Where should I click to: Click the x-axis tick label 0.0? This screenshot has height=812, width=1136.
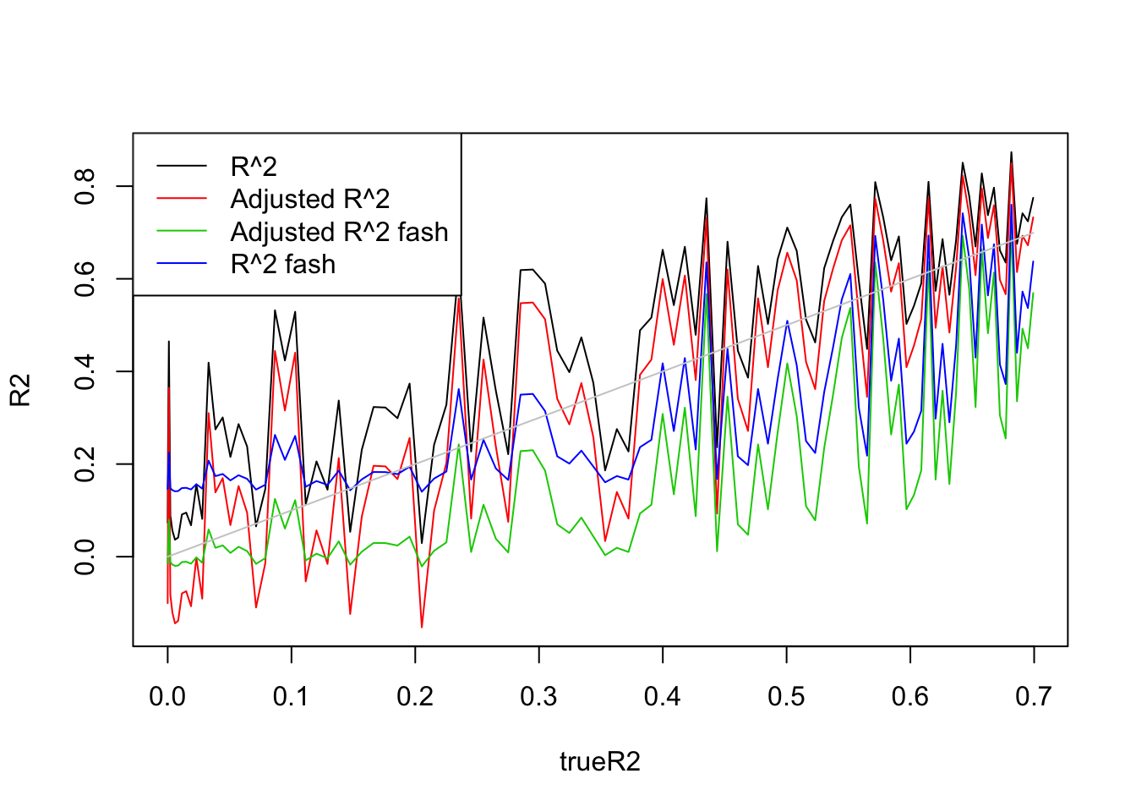[167, 697]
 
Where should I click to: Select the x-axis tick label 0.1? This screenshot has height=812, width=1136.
[292, 697]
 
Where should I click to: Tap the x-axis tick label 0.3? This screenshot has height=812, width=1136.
[538, 697]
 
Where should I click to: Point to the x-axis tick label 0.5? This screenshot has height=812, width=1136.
[786, 697]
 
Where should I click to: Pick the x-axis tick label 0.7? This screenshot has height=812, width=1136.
[1034, 697]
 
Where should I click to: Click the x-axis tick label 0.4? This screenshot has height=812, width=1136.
[663, 697]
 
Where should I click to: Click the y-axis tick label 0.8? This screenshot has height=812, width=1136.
[85, 186]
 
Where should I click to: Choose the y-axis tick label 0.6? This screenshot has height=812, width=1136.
[85, 279]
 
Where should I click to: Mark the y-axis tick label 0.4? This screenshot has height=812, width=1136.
[85, 371]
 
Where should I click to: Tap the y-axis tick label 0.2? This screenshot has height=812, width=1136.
[85, 464]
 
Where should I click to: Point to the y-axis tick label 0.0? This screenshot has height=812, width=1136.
[85, 557]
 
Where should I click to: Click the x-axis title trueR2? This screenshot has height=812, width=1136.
[600, 762]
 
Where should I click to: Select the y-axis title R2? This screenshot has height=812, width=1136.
[20, 390]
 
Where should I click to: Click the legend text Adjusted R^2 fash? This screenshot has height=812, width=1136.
[339, 232]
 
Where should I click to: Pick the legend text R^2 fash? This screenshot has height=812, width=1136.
[283, 265]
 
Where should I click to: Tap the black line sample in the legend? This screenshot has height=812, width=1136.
[182, 167]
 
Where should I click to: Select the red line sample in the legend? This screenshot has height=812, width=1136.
[182, 199]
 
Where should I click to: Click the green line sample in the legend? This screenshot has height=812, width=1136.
[182, 232]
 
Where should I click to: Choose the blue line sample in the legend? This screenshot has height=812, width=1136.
[182, 265]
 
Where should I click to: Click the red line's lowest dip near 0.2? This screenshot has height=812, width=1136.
[422, 627]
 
